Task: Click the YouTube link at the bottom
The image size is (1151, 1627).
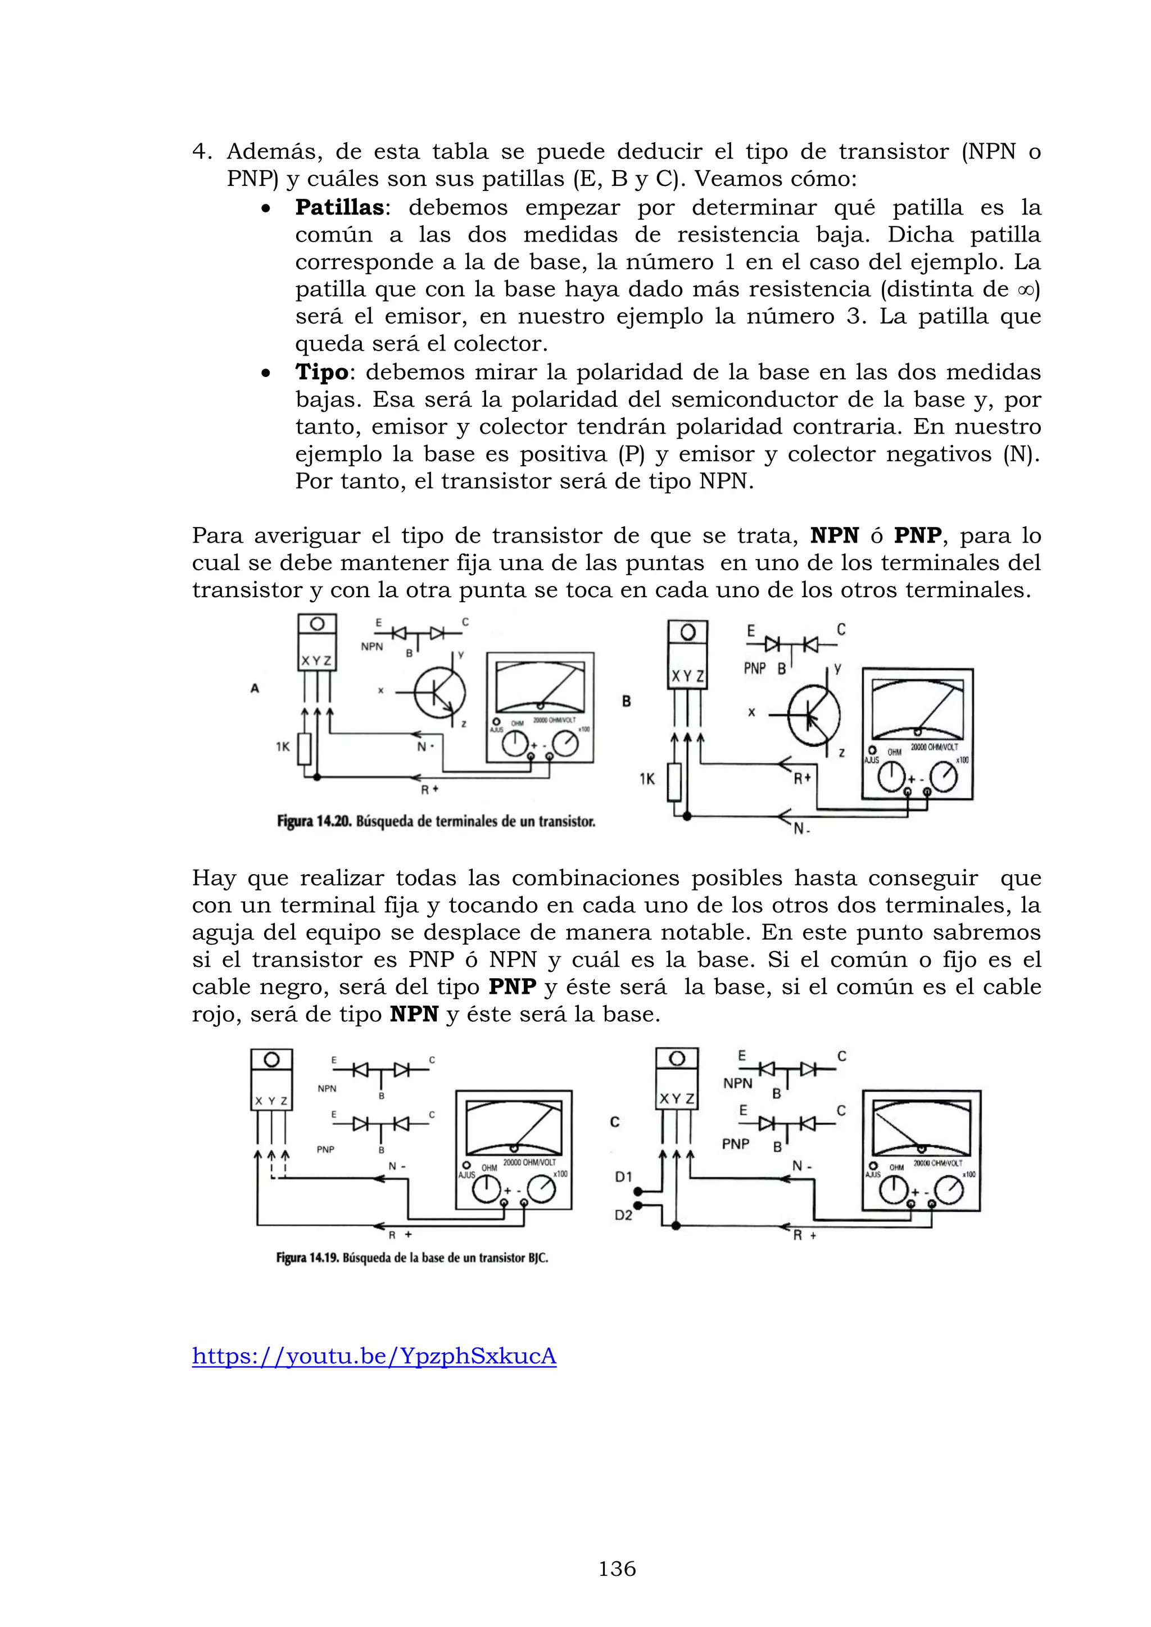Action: pos(374,1356)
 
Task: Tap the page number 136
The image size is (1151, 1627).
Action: pos(617,1569)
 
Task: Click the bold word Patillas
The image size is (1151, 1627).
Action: pos(339,208)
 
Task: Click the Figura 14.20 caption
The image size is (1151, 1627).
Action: pos(436,821)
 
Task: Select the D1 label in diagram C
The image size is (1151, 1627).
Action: pos(623,1177)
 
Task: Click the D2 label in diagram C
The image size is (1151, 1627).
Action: pos(623,1215)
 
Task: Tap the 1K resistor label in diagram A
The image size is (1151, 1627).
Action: pos(283,746)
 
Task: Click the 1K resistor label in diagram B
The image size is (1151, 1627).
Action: pos(647,779)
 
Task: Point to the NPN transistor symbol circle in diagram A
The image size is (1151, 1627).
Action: pos(440,692)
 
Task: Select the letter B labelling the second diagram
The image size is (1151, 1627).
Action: pos(627,701)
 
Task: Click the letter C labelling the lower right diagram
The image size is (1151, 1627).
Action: pos(614,1122)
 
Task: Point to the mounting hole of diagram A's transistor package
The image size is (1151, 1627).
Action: pos(317,624)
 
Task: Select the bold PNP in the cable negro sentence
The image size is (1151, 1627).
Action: pos(512,987)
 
